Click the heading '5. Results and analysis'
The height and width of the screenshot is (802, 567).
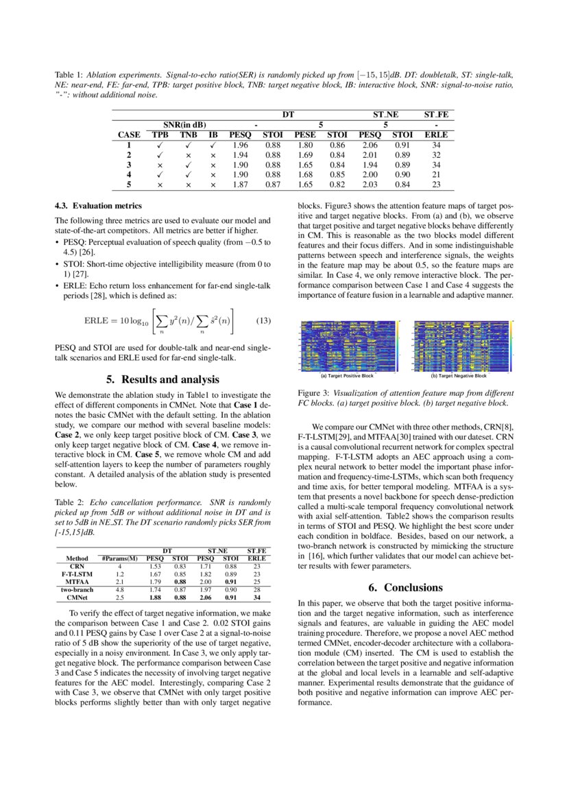tap(163, 379)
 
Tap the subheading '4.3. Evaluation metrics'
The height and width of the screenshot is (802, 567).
tap(98, 206)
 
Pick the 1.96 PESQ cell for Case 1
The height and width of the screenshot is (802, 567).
tap(240, 145)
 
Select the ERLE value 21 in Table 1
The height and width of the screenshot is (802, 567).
tap(436, 174)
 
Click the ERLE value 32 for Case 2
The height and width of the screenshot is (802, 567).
tap(436, 155)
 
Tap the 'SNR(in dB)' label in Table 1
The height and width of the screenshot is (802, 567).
tap(180, 125)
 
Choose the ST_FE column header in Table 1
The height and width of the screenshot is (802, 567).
tap(436, 114)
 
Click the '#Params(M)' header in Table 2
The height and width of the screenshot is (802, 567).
tap(119, 558)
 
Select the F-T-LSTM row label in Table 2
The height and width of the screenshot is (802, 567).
tap(72, 574)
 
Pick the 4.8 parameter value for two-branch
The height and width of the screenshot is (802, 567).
tap(119, 589)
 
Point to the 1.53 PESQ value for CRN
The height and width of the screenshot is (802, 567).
tap(155, 566)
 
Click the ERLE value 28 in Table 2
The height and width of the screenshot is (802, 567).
tap(256, 589)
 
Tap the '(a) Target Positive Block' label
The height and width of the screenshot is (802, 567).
tap(347, 376)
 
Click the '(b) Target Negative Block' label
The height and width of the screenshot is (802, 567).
tap(459, 376)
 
